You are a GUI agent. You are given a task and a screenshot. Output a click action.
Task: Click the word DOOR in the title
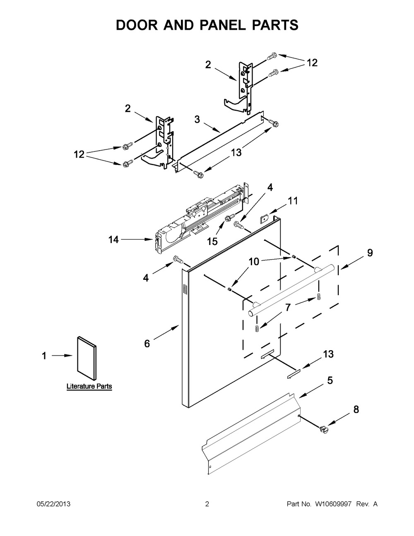coord(137,25)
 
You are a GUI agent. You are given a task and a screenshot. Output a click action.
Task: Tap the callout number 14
coord(114,240)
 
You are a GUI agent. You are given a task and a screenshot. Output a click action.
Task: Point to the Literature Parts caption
coord(89,386)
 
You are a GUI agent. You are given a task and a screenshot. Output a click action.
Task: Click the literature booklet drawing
coord(87,358)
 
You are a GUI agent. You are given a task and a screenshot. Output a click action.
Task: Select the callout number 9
coord(370,253)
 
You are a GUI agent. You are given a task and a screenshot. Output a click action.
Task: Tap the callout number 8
coord(356,410)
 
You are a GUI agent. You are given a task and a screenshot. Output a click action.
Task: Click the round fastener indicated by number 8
coord(324,430)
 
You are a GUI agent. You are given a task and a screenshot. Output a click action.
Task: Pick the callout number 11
coord(293,201)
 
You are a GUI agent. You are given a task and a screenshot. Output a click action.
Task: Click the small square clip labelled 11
coord(264,218)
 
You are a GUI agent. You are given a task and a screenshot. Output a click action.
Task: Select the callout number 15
coord(212,241)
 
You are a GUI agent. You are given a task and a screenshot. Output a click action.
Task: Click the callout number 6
coord(147,344)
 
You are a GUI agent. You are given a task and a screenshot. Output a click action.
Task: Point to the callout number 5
coord(330,380)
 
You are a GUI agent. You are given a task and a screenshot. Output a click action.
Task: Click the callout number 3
coord(197,119)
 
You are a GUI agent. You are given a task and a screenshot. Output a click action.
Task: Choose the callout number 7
coord(288,308)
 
